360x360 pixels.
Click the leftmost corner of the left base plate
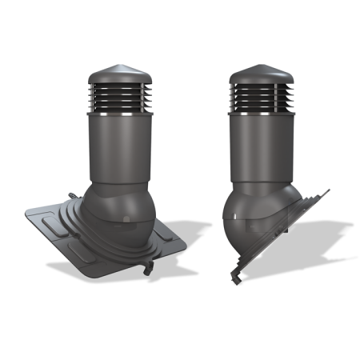point(26,211)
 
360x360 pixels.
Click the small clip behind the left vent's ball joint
point(73,194)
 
